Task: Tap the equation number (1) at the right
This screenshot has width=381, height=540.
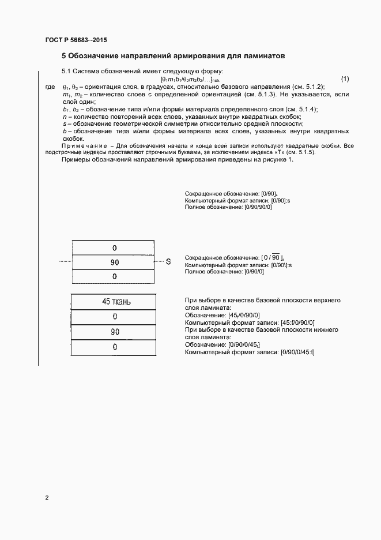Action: (345, 78)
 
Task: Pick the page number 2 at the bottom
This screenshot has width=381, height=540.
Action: (47, 497)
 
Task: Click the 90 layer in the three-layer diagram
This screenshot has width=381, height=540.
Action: (115, 262)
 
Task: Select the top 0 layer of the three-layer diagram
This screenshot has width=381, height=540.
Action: (115, 247)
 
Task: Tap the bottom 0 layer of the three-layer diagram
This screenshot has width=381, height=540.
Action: (115, 276)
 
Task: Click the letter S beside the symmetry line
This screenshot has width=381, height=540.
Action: (168, 262)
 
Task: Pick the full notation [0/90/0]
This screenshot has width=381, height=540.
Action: (254, 271)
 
